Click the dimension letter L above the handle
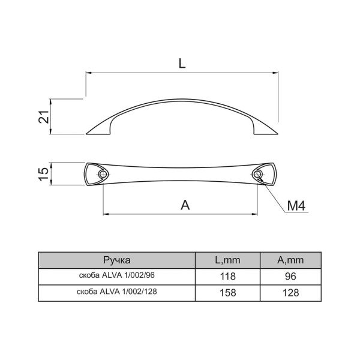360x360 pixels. coord(182,63)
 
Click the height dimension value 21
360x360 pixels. coord(44,116)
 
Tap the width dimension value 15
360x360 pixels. coord(44,174)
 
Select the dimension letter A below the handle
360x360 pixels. coord(185,205)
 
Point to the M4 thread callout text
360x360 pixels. coord(296,206)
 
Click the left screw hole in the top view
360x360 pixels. coord(102,174)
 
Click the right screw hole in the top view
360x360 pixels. coord(257,174)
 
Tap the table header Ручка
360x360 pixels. coord(117,260)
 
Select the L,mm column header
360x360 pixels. coord(227,260)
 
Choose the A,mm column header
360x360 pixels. coord(290,260)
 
